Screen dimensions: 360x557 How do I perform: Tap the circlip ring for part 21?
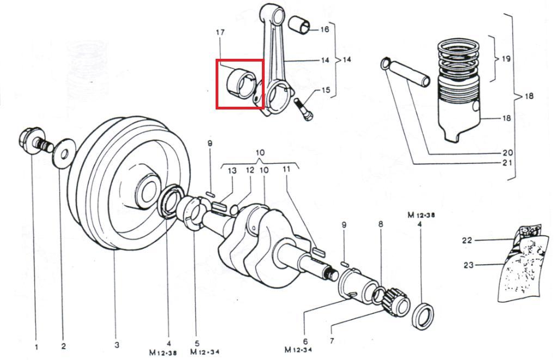click(387, 64)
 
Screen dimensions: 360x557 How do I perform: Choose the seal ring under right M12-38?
click(424, 315)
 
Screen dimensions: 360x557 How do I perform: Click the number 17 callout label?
click(221, 33)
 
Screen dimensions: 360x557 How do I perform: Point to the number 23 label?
click(468, 265)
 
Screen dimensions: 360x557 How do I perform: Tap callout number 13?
click(232, 171)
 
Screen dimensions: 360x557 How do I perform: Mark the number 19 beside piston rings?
click(506, 58)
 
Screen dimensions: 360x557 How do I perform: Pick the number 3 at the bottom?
click(117, 345)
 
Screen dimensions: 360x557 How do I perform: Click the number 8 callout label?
click(381, 224)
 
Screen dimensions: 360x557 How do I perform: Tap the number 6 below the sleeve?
click(305, 341)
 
